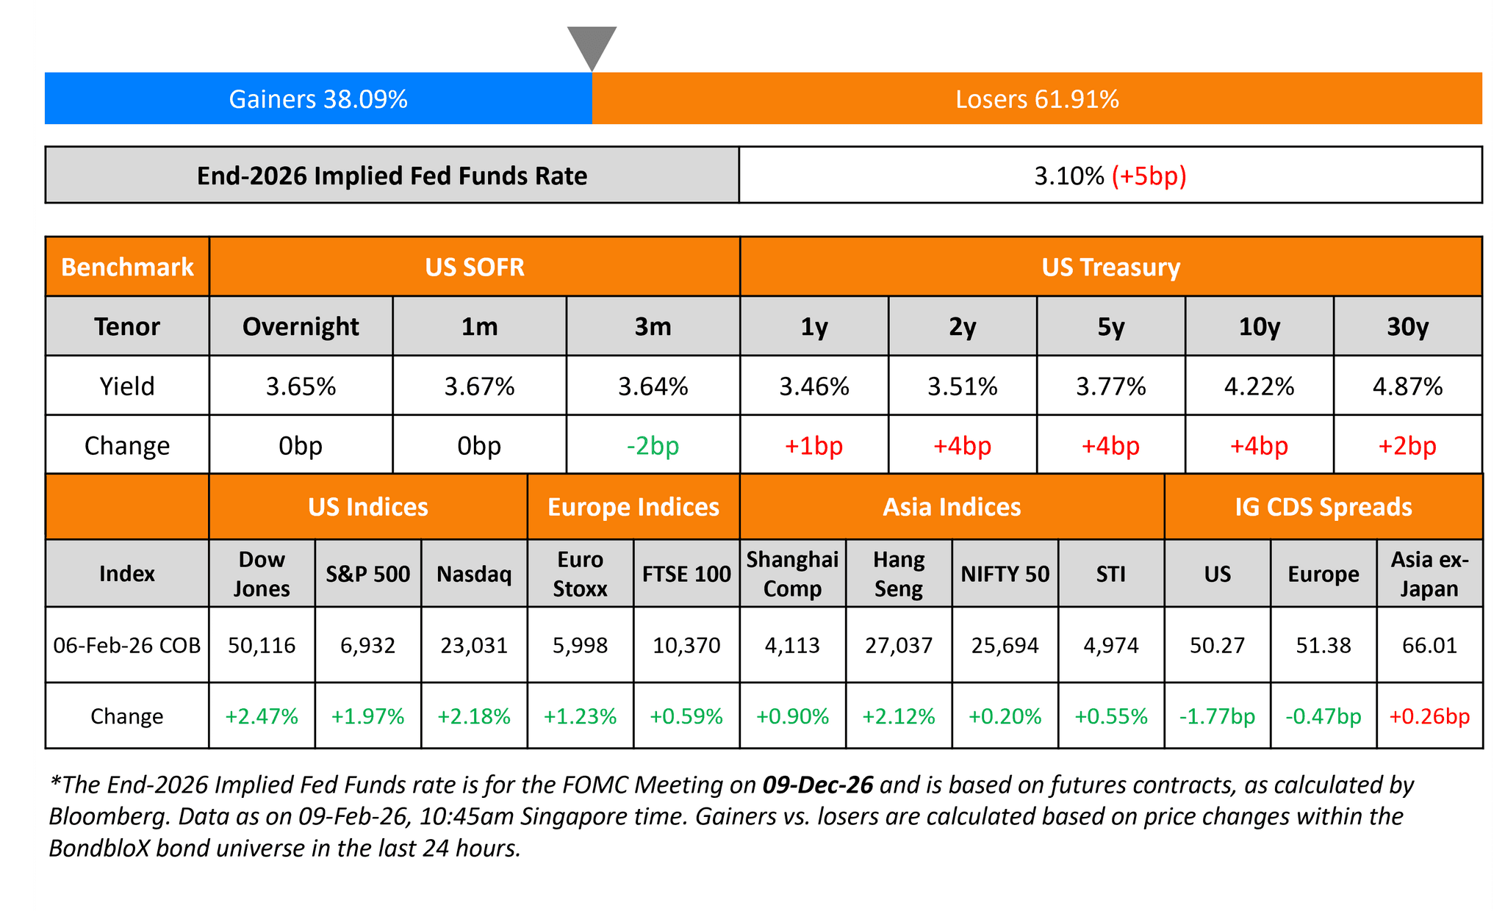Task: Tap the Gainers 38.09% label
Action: [x=318, y=99]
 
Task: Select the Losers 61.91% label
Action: [x=1037, y=99]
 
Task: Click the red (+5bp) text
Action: [x=1149, y=176]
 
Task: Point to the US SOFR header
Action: [x=475, y=267]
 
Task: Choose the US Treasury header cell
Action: [x=1110, y=267]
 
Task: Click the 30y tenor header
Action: [x=1407, y=326]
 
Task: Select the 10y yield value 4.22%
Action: [x=1259, y=386]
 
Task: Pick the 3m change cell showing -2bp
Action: [x=653, y=446]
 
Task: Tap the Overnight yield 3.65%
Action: [x=301, y=386]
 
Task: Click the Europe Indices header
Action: [x=633, y=507]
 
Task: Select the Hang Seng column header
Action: [x=899, y=574]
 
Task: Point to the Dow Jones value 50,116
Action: [x=262, y=645]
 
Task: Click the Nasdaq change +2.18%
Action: [x=474, y=716]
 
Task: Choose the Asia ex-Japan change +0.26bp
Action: [x=1429, y=716]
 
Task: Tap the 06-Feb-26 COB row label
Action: [x=127, y=645]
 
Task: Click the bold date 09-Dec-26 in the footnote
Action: [x=818, y=785]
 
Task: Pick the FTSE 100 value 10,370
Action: [x=686, y=645]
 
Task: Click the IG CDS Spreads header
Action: [x=1323, y=507]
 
